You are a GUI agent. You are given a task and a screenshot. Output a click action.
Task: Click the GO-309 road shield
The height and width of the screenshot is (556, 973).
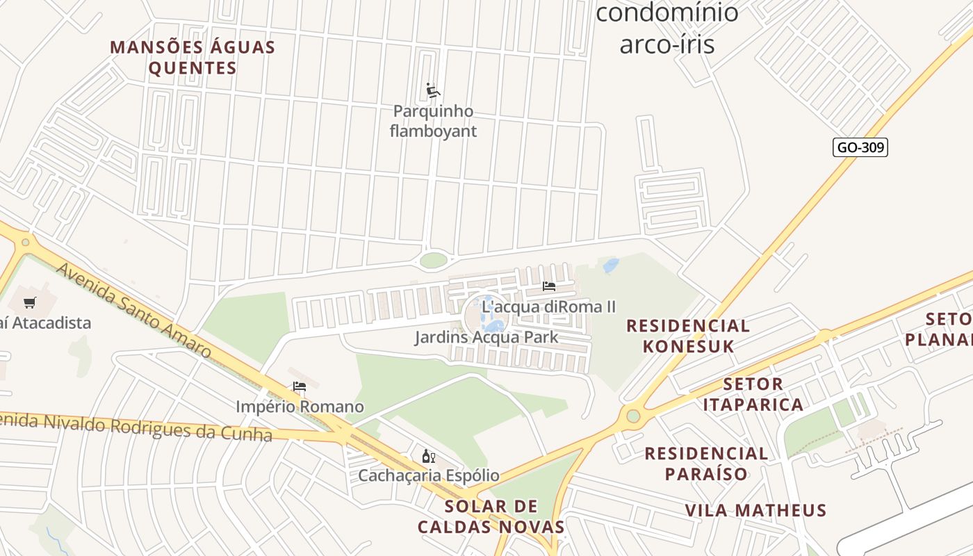point(860,147)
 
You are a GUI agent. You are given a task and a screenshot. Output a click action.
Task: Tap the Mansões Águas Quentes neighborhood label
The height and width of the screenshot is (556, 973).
point(193,58)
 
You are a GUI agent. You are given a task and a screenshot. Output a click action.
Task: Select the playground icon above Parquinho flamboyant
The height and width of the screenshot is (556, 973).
point(433,90)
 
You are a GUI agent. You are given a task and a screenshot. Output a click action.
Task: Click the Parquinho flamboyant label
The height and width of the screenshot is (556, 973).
point(433,121)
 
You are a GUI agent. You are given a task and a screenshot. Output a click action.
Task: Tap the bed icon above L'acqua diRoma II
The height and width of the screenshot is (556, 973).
point(549,286)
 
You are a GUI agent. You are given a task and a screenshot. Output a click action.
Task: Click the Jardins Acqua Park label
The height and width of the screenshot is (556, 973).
point(486,338)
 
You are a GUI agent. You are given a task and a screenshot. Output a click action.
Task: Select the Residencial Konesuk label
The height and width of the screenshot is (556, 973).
point(687,336)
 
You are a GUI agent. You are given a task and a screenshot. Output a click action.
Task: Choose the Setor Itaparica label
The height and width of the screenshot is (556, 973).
point(753,394)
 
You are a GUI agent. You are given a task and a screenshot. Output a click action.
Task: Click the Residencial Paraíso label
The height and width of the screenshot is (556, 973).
point(705,464)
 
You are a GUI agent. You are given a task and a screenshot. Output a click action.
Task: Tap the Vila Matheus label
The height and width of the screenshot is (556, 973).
point(755,510)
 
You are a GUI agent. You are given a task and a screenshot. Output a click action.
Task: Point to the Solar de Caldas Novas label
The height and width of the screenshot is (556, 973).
point(491,516)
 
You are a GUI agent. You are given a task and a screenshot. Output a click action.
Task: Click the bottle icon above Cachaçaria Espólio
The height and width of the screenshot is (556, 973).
point(428,457)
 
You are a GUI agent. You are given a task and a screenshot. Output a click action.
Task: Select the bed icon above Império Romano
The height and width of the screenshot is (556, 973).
point(300,386)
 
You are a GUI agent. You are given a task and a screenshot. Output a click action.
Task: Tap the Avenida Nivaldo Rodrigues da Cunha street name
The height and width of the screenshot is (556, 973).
point(136,425)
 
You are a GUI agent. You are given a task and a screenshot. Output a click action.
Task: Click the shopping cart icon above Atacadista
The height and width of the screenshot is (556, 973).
point(29,302)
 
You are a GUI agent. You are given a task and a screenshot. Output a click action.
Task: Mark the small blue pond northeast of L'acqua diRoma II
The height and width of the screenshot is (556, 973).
point(611,265)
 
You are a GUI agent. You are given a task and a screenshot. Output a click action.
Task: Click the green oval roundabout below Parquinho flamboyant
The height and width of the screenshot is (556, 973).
point(434,261)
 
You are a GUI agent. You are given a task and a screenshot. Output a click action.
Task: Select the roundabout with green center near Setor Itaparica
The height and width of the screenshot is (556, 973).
point(632,416)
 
